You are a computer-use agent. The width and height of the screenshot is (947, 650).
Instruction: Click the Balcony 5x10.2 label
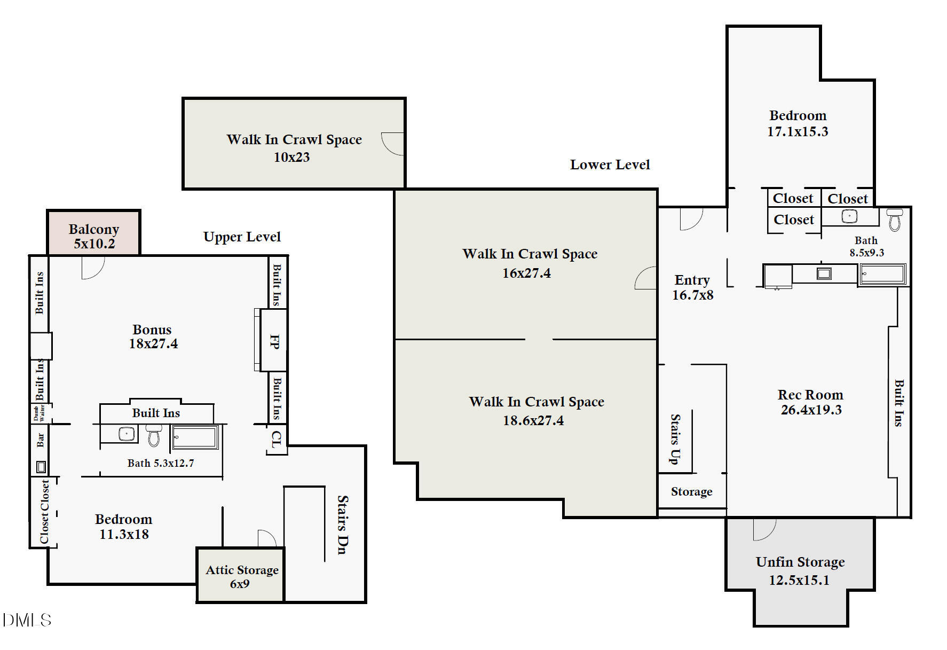[94, 236]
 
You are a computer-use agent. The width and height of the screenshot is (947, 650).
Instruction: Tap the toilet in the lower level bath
[895, 220]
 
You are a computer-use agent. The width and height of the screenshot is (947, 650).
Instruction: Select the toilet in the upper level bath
[154, 435]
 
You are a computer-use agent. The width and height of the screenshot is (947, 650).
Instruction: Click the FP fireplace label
[274, 341]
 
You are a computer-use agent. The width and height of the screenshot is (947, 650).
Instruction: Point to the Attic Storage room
[240, 575]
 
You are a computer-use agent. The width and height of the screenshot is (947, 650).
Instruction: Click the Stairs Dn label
[343, 524]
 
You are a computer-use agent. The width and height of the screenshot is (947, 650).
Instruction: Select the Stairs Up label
[675, 439]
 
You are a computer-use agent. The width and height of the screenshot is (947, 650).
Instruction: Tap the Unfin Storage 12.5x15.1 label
[800, 570]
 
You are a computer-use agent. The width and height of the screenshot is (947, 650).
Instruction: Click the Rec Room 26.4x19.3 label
[811, 402]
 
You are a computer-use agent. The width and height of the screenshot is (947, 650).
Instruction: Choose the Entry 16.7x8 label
[692, 287]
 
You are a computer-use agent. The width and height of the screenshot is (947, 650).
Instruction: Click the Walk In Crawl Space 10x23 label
[294, 148]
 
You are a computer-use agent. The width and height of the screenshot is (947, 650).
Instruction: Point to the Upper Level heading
[242, 237]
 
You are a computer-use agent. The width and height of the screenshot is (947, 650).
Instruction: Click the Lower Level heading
[610, 165]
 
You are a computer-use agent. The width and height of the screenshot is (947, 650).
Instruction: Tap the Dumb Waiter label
[39, 413]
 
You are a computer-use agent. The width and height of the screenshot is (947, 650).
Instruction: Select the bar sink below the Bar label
[41, 467]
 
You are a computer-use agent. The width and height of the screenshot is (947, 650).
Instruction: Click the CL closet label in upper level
[275, 439]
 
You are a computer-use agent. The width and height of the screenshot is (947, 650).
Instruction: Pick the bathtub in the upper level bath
[195, 437]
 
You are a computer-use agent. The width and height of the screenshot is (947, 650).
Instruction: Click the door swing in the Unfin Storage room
[764, 529]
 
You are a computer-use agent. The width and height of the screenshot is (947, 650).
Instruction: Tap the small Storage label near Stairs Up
[691, 492]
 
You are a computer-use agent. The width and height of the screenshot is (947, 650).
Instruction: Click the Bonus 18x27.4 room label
[153, 336]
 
